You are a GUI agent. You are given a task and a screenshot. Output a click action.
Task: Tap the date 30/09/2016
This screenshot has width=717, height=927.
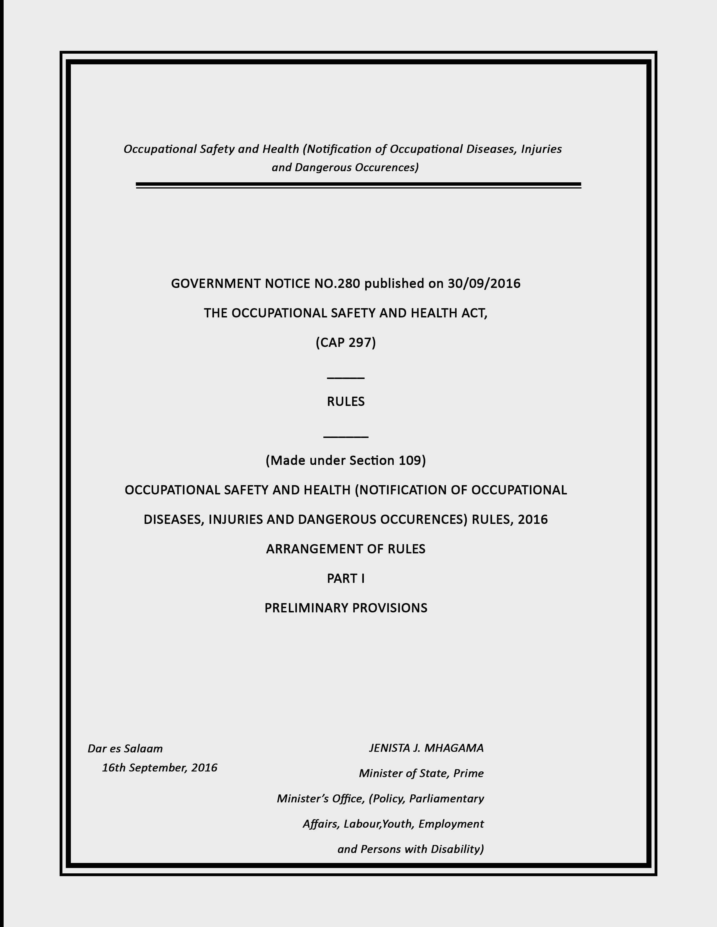click(484, 283)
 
